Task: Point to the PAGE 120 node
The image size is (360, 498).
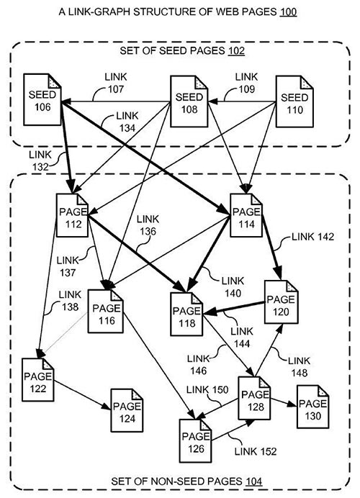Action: [x=282, y=302]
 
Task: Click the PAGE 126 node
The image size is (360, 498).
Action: [x=196, y=443]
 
